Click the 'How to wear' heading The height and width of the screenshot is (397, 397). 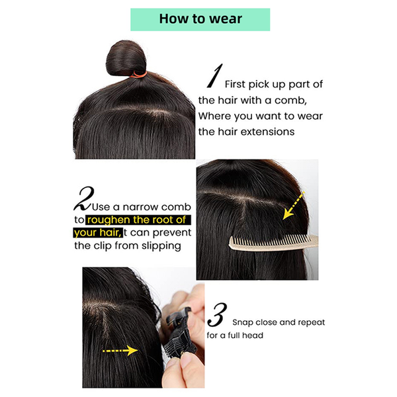(x=200, y=19)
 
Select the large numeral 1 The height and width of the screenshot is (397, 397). (x=214, y=77)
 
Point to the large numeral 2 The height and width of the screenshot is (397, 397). (x=85, y=198)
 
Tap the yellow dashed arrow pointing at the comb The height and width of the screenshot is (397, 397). (x=293, y=204)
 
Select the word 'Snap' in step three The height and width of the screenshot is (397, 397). (x=242, y=322)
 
